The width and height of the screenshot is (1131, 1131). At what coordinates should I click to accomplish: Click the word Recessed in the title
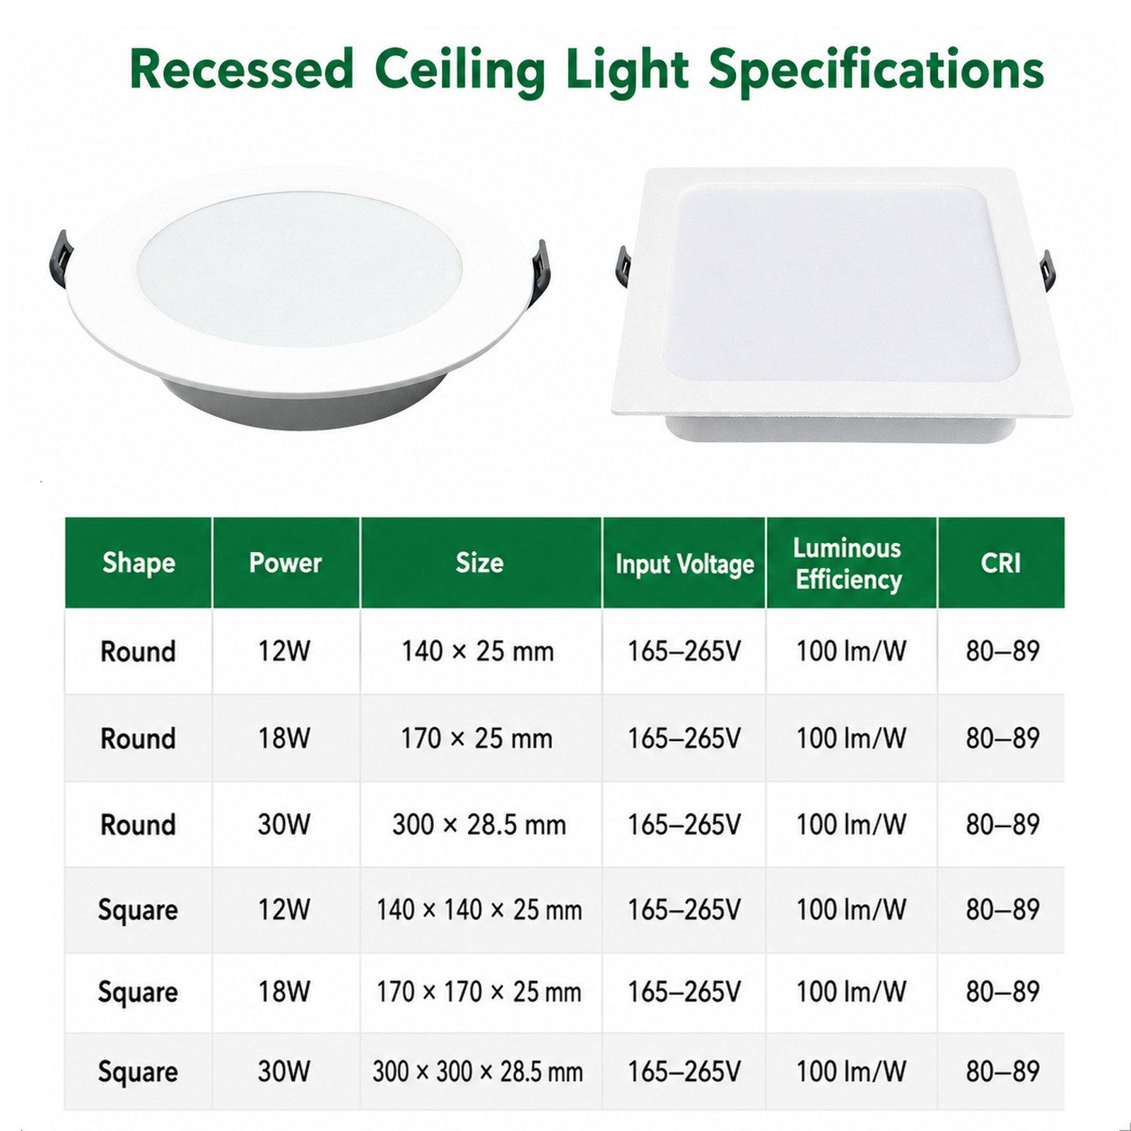tap(241, 69)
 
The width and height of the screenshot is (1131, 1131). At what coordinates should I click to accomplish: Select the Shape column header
tap(139, 563)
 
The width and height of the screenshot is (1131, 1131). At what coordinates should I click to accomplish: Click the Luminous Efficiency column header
tap(848, 563)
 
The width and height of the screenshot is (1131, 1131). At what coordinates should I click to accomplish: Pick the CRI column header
tap(1001, 563)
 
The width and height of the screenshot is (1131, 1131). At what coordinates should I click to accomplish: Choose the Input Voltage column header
tap(684, 564)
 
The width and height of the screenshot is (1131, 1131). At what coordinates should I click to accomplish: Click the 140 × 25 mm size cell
tap(478, 651)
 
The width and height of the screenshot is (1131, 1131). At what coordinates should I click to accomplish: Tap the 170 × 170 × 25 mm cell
tap(479, 992)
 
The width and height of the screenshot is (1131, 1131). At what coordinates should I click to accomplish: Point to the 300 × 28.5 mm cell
tap(479, 825)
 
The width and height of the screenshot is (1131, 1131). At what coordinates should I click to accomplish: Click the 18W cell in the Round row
tap(284, 738)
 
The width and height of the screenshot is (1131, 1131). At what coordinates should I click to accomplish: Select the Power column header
tap(286, 563)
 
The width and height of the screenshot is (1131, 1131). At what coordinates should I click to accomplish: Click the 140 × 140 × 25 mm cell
tap(479, 910)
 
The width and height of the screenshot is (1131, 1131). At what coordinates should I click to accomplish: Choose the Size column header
tap(480, 563)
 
